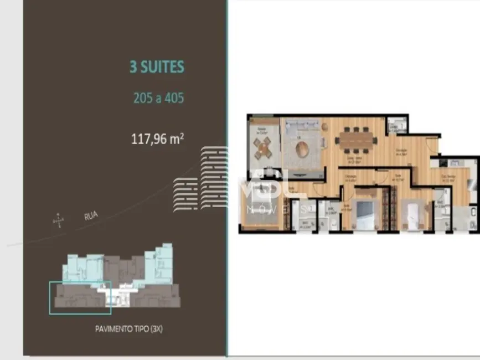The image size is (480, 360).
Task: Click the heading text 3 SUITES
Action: (157, 68)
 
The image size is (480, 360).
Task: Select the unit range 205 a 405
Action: (158, 98)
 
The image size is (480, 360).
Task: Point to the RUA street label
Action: (91, 216)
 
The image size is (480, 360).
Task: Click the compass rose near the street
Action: (58, 221)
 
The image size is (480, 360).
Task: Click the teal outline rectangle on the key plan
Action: (80, 298)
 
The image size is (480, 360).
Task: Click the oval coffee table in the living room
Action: (302, 150)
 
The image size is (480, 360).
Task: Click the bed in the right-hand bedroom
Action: (413, 216)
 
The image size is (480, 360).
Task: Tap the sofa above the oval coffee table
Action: (302, 129)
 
